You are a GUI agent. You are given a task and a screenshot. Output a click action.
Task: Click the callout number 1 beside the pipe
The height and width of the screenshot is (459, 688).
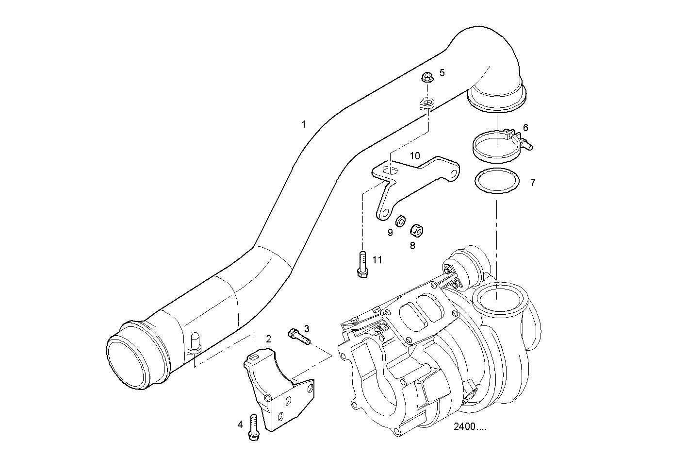tap(304, 124)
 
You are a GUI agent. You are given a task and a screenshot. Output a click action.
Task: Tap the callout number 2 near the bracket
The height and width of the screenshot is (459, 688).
tap(268, 338)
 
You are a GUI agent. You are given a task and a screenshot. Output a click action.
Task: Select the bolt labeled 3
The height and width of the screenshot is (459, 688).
tap(298, 336)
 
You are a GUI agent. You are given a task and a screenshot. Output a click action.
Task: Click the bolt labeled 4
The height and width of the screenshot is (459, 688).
tap(253, 427)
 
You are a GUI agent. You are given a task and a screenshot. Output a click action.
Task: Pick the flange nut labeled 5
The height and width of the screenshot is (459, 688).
tap(427, 77)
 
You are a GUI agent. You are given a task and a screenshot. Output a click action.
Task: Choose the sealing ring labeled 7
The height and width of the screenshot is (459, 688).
tap(497, 182)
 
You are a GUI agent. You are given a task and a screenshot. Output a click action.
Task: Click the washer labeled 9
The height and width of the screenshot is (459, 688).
tap(401, 221)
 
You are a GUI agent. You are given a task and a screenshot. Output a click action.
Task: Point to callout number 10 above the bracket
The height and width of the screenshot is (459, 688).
tap(415, 156)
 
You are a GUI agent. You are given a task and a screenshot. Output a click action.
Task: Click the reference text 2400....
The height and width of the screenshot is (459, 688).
tap(470, 427)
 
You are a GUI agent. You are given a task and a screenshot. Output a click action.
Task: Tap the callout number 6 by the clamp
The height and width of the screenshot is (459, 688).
tap(525, 128)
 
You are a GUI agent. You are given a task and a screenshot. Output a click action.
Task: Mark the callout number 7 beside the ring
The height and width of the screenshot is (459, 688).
tap(533, 183)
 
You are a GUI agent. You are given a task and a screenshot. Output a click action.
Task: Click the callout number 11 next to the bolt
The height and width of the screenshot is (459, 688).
tap(377, 260)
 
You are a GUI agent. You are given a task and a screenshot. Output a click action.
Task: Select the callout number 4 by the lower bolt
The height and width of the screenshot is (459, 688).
tap(240, 425)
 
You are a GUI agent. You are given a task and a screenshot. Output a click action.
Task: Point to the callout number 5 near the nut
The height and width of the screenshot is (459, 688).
tap(442, 72)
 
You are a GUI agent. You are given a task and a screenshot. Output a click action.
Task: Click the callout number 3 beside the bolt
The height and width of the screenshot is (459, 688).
tap(307, 328)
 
